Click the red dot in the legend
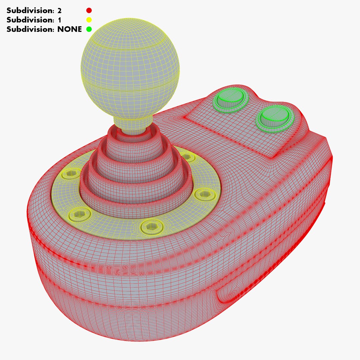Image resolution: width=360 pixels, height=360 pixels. pyautogui.click(x=89, y=10)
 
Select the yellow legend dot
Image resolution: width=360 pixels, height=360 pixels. pyautogui.click(x=89, y=20)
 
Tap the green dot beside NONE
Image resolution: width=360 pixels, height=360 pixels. pyautogui.click(x=89, y=29)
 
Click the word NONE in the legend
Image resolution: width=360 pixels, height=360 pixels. pyautogui.click(x=69, y=29)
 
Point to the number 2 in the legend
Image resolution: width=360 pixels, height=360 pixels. pyautogui.click(x=59, y=10)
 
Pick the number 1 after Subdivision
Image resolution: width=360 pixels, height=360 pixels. pyautogui.click(x=59, y=20)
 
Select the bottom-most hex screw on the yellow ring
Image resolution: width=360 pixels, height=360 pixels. pyautogui.click(x=152, y=227)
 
